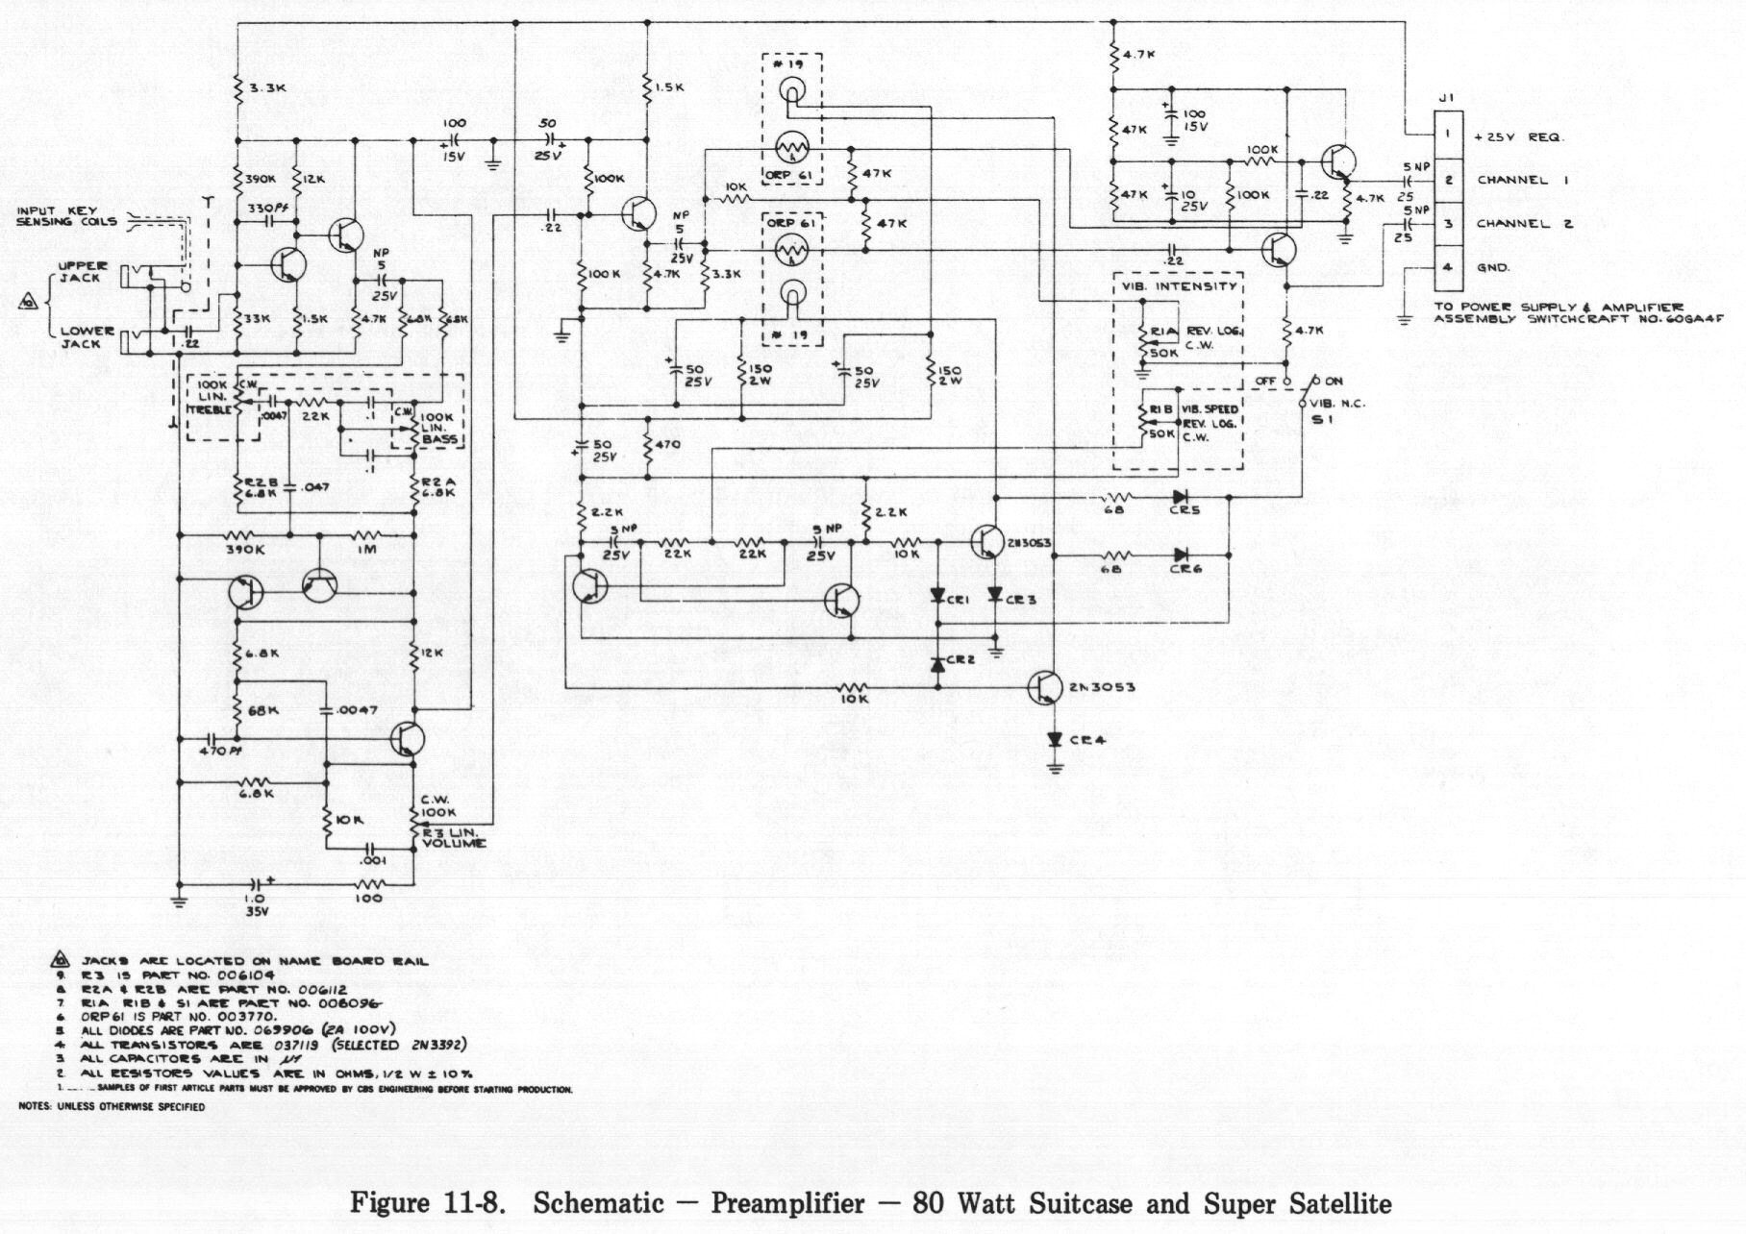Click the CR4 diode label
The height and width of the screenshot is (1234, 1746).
(1087, 740)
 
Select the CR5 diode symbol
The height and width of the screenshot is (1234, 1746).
(1180, 497)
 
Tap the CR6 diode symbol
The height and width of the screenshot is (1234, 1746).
(1180, 555)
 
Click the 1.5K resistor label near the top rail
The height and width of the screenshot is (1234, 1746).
(669, 87)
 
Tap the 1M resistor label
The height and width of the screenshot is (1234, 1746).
(365, 550)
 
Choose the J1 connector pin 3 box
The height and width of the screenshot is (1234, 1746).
(1448, 224)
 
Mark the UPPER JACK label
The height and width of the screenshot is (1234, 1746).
(83, 272)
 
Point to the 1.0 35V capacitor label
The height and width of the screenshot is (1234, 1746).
(254, 904)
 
